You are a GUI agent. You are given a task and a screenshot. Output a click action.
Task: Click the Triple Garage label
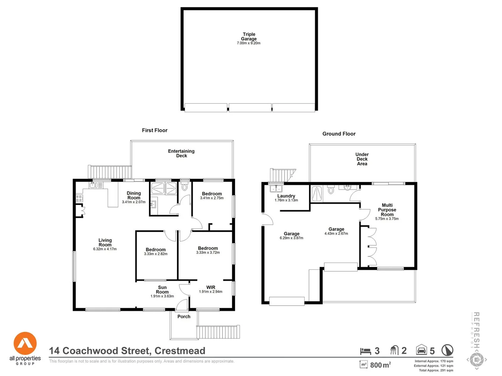pyautogui.click(x=249, y=37)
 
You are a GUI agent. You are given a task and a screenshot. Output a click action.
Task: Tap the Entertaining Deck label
pyautogui.click(x=181, y=153)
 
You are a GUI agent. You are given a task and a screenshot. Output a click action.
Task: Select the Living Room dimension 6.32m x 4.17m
pyautogui.click(x=105, y=249)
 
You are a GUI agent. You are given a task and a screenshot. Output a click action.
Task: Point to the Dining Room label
pyautogui.click(x=134, y=195)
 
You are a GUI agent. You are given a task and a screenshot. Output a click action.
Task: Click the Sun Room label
pyautogui.click(x=162, y=290)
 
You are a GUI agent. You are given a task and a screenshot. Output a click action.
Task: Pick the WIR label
pyautogui.click(x=211, y=287)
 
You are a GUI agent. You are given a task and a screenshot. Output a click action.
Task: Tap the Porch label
pyautogui.click(x=184, y=316)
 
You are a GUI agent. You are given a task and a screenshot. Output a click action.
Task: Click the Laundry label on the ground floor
pyautogui.click(x=286, y=196)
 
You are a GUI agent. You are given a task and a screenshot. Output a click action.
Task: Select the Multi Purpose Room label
pyautogui.click(x=387, y=210)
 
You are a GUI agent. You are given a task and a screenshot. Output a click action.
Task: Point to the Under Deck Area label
pyautogui.click(x=362, y=159)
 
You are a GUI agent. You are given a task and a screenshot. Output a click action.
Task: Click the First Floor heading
pyautogui.click(x=154, y=130)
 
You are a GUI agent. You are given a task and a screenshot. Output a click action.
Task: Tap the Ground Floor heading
pyautogui.click(x=339, y=134)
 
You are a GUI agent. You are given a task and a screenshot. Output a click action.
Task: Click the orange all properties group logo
pyautogui.click(x=25, y=344)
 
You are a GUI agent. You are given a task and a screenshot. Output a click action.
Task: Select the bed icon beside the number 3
pyautogui.click(x=365, y=351)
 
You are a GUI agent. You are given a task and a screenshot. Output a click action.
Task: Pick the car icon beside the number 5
pyautogui.click(x=421, y=350)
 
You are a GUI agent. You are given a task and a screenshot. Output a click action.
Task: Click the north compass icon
pyautogui.click(x=447, y=350)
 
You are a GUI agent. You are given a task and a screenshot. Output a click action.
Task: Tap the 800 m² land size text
pyautogui.click(x=380, y=365)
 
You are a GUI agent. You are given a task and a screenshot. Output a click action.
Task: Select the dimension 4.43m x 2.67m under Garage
pyautogui.click(x=336, y=234)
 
